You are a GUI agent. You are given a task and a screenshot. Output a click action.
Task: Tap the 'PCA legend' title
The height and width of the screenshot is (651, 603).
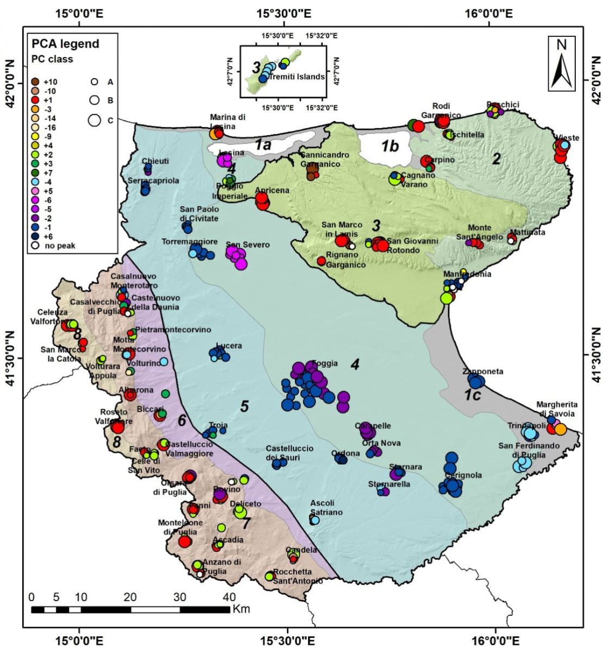[x=65, y=44]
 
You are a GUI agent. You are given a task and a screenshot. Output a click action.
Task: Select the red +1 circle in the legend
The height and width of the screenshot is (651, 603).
[x=35, y=100]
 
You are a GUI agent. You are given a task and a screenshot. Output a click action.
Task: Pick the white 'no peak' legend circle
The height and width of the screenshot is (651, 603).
[x=35, y=246]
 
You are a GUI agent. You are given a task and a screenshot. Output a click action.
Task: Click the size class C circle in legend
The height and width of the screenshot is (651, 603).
[x=95, y=120]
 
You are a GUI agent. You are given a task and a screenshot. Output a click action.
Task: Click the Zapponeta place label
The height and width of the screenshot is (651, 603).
[x=482, y=372]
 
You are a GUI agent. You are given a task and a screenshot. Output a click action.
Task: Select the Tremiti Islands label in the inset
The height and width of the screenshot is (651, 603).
[x=301, y=76]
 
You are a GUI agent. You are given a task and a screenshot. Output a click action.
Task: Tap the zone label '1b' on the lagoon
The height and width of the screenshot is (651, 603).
[x=389, y=146]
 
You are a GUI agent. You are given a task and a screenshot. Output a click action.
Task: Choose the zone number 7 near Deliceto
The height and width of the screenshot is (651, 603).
[x=246, y=524]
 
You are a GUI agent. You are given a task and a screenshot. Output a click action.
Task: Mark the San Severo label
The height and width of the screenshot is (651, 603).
[x=248, y=245]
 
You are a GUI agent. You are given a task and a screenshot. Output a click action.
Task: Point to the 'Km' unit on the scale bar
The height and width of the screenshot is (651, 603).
[x=241, y=609]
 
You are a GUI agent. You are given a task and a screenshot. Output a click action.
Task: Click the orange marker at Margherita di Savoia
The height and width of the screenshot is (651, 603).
[x=560, y=429]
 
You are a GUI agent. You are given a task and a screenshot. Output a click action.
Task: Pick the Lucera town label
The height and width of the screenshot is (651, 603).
[x=229, y=346]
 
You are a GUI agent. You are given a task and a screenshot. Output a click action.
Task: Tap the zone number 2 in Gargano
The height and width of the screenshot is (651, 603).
[x=495, y=158]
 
